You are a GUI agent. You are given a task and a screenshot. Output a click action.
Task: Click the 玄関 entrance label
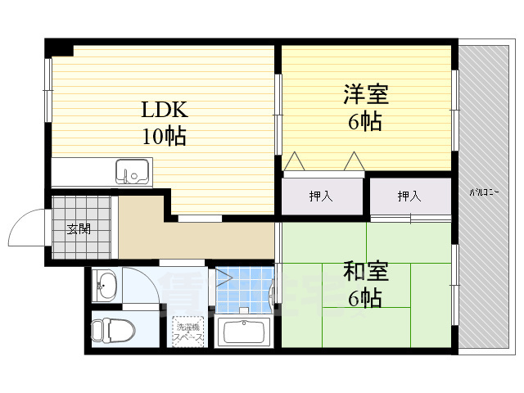tap(79, 228)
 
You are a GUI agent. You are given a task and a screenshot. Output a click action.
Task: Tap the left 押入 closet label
tap(320, 196)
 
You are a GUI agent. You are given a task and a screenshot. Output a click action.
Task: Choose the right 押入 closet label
tap(409, 196)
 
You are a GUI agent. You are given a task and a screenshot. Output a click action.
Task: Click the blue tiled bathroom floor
tap(246, 289)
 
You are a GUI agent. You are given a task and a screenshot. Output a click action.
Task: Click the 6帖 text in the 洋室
tap(364, 121)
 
